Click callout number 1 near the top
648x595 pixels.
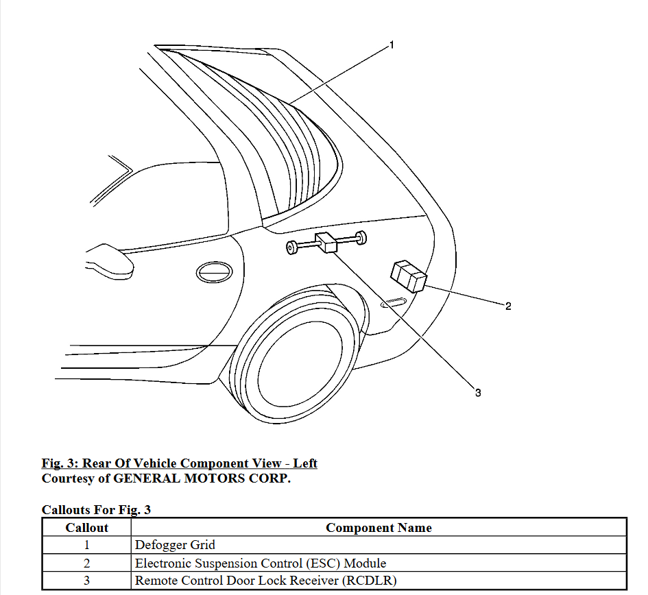click(x=392, y=45)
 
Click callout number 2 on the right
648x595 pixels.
click(x=508, y=306)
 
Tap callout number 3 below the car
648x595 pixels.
click(x=478, y=393)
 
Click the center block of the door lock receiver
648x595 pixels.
click(x=327, y=243)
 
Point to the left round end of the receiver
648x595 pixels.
click(x=292, y=247)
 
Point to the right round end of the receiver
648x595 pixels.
click(x=361, y=238)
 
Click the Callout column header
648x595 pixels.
click(x=87, y=528)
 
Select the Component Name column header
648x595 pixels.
click(x=379, y=528)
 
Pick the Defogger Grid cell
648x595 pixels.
click(x=176, y=546)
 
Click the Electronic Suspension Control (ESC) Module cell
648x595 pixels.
click(x=261, y=563)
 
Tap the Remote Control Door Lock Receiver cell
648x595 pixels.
click(x=266, y=581)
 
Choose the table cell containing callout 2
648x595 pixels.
click(x=87, y=563)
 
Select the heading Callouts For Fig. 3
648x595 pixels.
click(x=96, y=509)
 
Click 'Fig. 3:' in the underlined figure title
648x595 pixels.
click(x=60, y=463)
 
